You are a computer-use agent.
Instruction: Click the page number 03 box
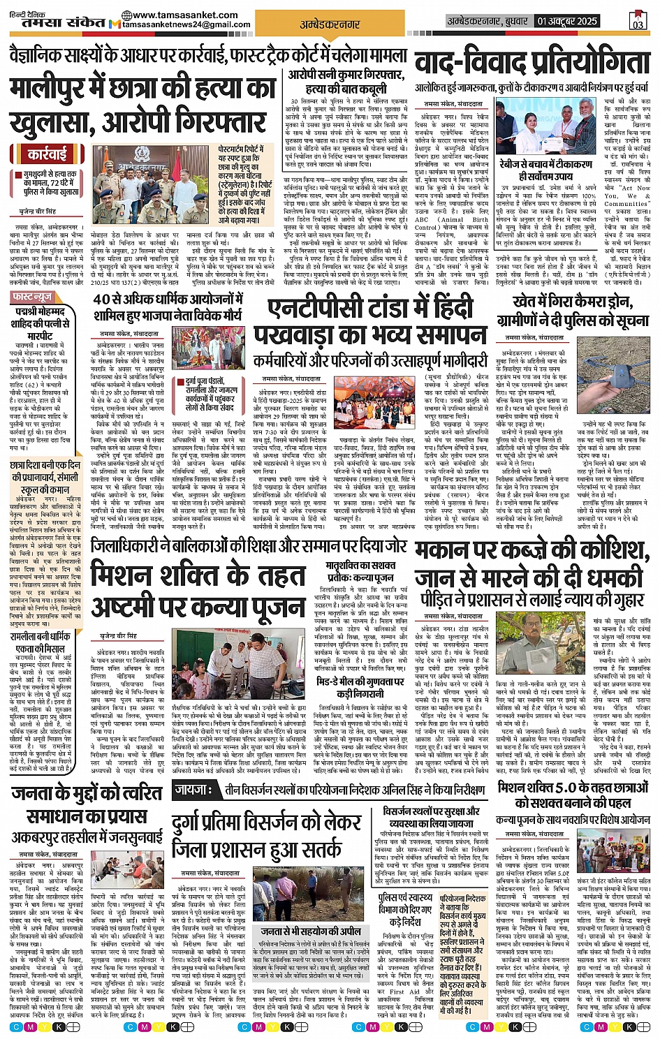[x=637, y=22]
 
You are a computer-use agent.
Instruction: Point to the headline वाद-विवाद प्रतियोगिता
[x=531, y=63]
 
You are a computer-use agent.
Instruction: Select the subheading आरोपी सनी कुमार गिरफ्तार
[x=345, y=74]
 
